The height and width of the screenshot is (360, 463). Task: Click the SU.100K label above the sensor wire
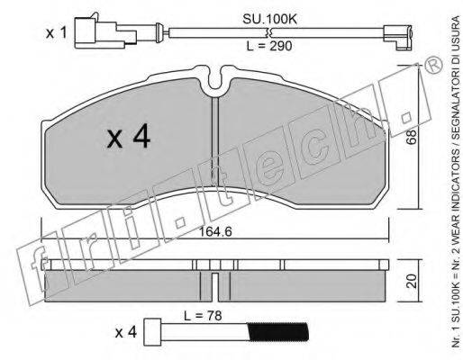point(269,20)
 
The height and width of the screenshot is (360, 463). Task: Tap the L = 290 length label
point(269,46)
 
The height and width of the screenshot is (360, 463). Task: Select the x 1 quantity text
point(56,33)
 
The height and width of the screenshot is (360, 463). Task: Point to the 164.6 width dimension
point(215,231)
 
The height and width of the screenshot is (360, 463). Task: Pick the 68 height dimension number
point(412,137)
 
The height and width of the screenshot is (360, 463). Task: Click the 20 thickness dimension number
point(412,281)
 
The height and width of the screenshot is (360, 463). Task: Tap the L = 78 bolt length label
point(203,316)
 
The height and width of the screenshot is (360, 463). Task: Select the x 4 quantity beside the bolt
point(126,333)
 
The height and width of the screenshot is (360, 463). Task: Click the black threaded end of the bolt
point(277,332)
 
